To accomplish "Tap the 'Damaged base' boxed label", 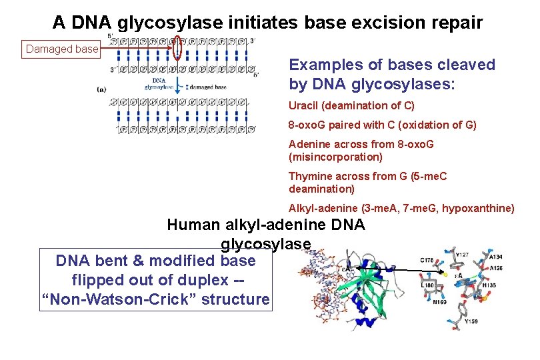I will click(x=62, y=49).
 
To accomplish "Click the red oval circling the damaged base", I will click(x=177, y=47).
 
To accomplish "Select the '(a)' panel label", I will click(x=101, y=89).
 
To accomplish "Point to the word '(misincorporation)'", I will click(x=335, y=157).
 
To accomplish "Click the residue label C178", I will click(x=427, y=261).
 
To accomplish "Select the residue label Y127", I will click(x=462, y=254).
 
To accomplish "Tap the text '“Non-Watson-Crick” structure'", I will click(x=155, y=299).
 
